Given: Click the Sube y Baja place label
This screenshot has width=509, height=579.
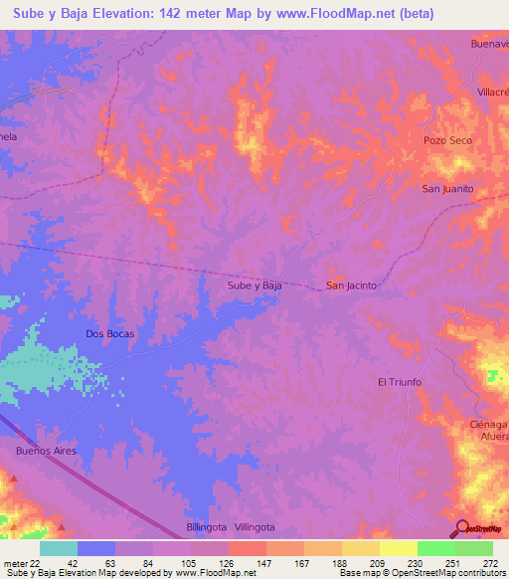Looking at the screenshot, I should [x=255, y=286].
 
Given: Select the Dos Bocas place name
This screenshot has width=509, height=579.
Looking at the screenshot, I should [x=109, y=333].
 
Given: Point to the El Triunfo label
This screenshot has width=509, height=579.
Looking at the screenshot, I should [x=400, y=382].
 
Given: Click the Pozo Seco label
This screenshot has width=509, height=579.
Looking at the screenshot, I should [x=446, y=141].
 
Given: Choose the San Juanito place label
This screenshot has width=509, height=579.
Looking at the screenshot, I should [x=446, y=189].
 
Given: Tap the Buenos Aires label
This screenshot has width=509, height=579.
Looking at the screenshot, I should [x=46, y=451].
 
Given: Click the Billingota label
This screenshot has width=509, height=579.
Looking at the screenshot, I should [x=207, y=526].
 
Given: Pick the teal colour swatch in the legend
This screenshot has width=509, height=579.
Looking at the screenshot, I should [x=59, y=548].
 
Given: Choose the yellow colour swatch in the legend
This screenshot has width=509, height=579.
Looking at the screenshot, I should [x=398, y=548].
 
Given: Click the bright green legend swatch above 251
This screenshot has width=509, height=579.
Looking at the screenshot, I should [x=435, y=548].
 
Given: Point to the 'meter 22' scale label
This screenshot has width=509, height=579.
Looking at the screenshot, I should [x=18, y=562].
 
